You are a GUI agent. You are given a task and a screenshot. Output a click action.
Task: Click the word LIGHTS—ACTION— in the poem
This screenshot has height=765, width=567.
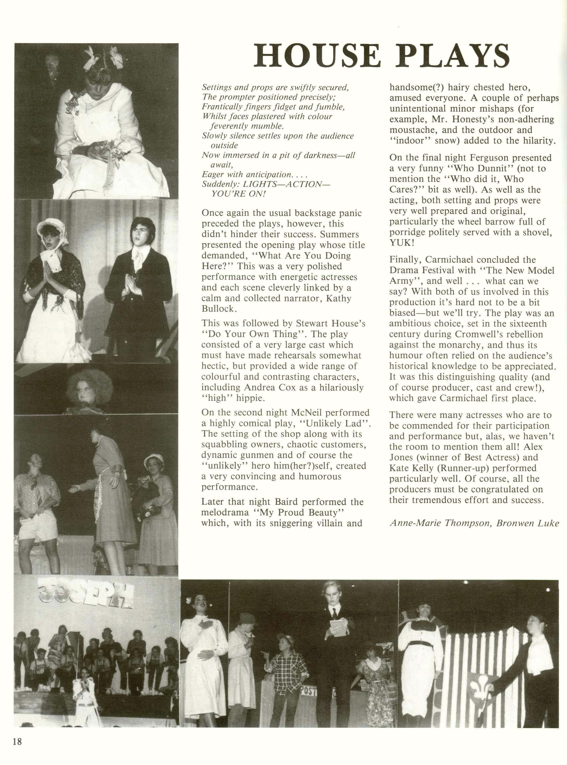pyautogui.click(x=286, y=184)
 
